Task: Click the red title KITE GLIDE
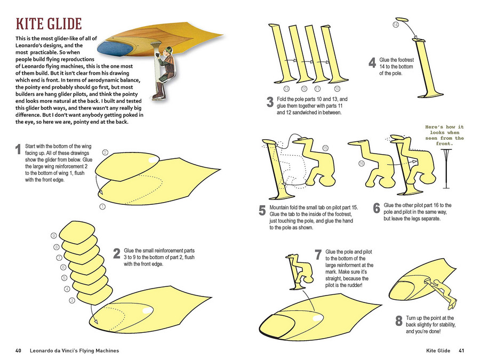48,24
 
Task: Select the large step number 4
372,63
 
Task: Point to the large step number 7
318,255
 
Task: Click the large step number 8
398,321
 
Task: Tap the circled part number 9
54,236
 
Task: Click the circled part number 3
72,301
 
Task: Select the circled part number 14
396,25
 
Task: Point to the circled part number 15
325,147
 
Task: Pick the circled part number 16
361,164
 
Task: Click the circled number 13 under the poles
286,88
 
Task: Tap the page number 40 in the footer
19,350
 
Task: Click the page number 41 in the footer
461,350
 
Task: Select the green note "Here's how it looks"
444,135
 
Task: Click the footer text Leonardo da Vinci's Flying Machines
74,350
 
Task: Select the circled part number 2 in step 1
105,153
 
